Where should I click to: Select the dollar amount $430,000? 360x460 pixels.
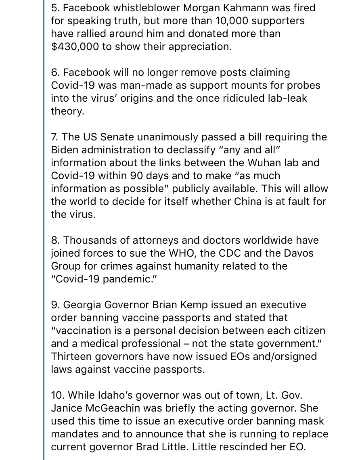[75, 46]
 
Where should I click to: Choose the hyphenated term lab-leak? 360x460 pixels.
[291, 98]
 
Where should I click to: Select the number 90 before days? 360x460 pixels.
[137, 176]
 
